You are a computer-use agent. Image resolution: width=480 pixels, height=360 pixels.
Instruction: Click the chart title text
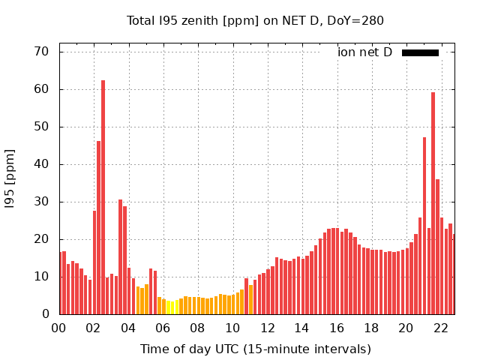click(255, 20)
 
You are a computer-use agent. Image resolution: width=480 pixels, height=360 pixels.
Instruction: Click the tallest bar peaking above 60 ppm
click(103, 197)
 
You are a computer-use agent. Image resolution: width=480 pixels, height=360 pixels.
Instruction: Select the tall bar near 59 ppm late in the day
click(433, 203)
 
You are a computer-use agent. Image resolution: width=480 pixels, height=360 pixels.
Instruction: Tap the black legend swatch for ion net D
click(420, 52)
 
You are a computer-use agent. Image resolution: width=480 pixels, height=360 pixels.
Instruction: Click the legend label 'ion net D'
click(364, 52)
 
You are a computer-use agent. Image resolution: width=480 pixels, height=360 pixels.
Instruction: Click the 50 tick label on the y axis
click(40, 127)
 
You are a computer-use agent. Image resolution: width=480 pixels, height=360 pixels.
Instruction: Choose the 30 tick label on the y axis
click(40, 202)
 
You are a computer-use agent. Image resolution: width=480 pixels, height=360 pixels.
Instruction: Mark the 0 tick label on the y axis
click(44, 314)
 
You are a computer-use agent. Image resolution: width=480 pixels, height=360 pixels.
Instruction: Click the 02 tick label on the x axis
click(94, 328)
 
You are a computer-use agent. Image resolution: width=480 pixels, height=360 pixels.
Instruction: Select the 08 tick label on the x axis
click(198, 328)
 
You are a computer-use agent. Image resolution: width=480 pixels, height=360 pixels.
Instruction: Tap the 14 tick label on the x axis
click(301, 328)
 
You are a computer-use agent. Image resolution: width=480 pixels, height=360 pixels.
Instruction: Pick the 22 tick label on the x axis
click(440, 328)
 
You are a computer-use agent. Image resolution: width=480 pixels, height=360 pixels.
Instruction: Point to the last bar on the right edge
click(453, 274)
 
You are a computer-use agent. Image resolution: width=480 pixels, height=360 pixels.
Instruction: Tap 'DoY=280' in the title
click(355, 20)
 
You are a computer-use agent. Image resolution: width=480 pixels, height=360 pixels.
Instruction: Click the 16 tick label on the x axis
click(336, 328)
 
